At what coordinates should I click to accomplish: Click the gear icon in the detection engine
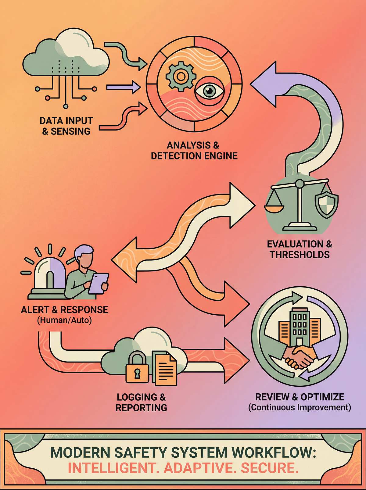(180, 76)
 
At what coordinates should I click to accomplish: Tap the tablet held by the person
(98, 284)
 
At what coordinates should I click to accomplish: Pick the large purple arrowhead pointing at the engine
(265, 83)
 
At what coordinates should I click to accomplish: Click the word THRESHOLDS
(300, 255)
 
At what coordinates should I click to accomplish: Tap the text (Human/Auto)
(64, 320)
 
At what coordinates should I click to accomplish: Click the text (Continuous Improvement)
(300, 407)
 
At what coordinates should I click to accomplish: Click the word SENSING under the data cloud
(70, 131)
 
